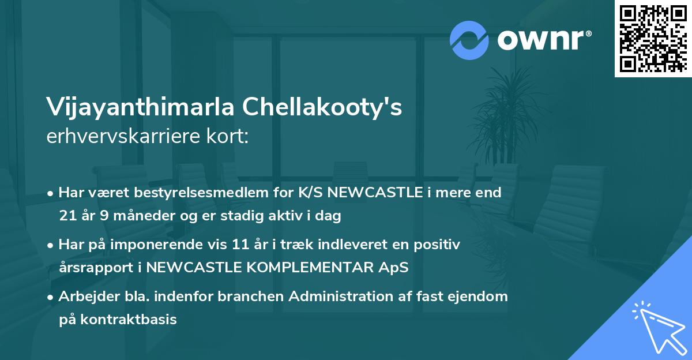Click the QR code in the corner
click(653, 38)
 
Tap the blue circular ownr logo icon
click(469, 40)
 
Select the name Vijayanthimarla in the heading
click(140, 108)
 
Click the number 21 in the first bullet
click(66, 216)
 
